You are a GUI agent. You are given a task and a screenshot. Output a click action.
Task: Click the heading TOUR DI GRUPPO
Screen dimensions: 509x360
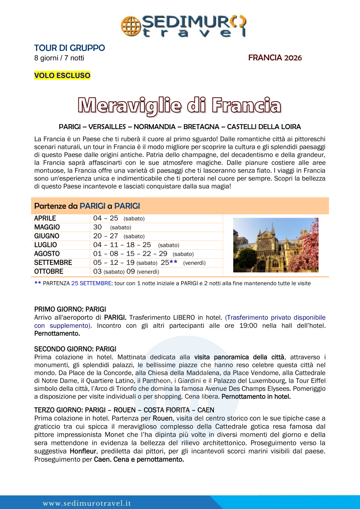point(69,48)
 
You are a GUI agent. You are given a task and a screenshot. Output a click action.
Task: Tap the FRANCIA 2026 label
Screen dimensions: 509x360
point(275,58)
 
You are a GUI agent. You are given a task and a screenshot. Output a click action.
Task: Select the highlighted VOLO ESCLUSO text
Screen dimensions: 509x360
point(62,75)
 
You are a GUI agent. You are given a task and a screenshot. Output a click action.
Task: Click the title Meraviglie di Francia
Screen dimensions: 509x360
point(180,105)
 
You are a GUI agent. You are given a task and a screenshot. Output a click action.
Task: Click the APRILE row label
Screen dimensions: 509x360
point(45,219)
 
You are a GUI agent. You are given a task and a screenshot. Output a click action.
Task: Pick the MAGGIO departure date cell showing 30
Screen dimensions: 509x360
point(98,227)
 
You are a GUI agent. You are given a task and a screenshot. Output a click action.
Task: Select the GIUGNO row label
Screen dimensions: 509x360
point(47,236)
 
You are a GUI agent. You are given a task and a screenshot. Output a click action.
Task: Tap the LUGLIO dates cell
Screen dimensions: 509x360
point(136,245)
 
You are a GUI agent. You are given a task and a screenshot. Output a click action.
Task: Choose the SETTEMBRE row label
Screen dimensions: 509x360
point(53,263)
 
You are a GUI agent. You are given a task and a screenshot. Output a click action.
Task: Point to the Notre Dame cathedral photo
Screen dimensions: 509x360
point(276,245)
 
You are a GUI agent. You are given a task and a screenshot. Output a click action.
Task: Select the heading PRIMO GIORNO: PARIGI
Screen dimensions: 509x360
point(70,309)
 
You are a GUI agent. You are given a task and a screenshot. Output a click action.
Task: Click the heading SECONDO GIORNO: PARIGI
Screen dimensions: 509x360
point(75,349)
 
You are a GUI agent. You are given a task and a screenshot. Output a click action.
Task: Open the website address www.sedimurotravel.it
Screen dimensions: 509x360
point(87,503)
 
